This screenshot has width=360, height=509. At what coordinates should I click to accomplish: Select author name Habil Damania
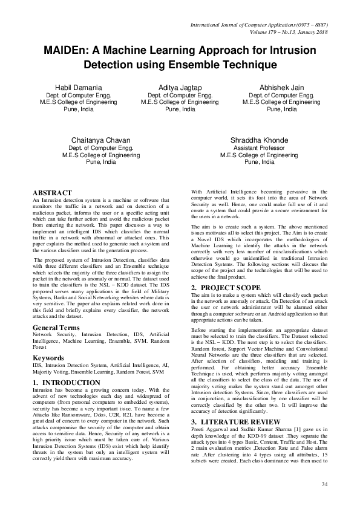click(76, 88)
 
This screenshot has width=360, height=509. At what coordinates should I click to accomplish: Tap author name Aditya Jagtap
click(180, 88)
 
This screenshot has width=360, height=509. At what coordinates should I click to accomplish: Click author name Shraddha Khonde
click(259, 140)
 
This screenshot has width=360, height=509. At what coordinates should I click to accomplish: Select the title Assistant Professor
click(258, 148)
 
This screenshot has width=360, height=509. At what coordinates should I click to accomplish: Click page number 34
click(324, 484)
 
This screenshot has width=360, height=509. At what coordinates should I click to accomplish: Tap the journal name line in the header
click(259, 25)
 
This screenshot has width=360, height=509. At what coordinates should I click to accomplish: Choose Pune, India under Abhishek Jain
click(282, 109)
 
